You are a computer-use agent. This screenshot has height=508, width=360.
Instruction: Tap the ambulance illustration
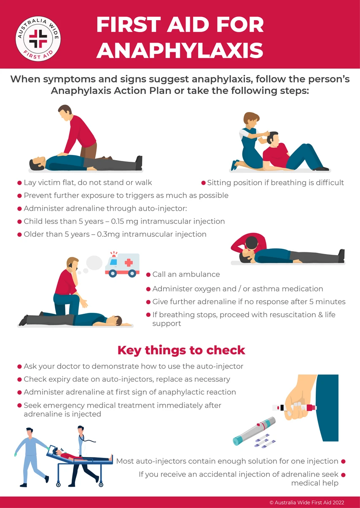click(122, 265)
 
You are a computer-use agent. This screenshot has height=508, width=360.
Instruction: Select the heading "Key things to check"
click(181, 350)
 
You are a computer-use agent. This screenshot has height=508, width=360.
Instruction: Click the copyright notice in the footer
click(307, 502)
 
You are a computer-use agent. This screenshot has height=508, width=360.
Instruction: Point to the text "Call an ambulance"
click(186, 274)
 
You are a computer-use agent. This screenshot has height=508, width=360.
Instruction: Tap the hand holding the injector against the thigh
click(300, 401)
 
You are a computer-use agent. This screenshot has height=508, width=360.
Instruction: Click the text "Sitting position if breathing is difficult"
click(275, 183)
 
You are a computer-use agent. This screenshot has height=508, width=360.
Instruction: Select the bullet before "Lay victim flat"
click(19, 183)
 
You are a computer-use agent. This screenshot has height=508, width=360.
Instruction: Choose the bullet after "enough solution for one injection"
click(343, 461)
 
